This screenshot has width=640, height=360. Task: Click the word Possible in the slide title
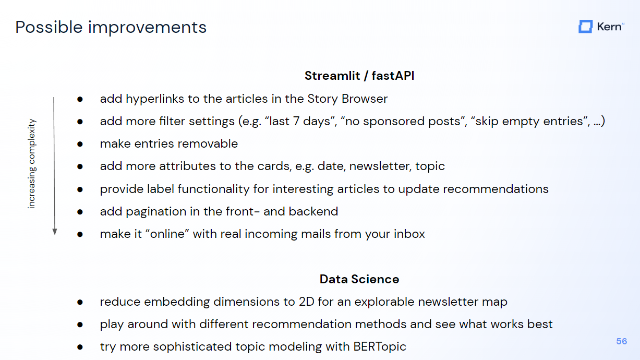(x=49, y=28)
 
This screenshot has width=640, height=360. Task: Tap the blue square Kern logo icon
(x=585, y=27)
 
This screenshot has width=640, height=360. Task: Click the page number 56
(x=621, y=341)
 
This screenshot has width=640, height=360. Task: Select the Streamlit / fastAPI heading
(x=359, y=76)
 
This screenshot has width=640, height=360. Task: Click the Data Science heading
(x=359, y=279)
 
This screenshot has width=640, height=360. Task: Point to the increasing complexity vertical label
(x=31, y=164)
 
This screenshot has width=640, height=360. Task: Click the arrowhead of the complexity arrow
(x=55, y=232)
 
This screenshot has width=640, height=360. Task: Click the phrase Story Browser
(x=347, y=99)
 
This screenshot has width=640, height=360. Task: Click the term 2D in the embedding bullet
(x=306, y=302)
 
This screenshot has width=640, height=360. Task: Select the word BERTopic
(x=379, y=347)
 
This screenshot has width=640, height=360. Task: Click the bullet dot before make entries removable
(x=80, y=144)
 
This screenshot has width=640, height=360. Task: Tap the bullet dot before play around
(x=80, y=325)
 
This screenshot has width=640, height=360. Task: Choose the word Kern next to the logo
(x=609, y=27)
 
